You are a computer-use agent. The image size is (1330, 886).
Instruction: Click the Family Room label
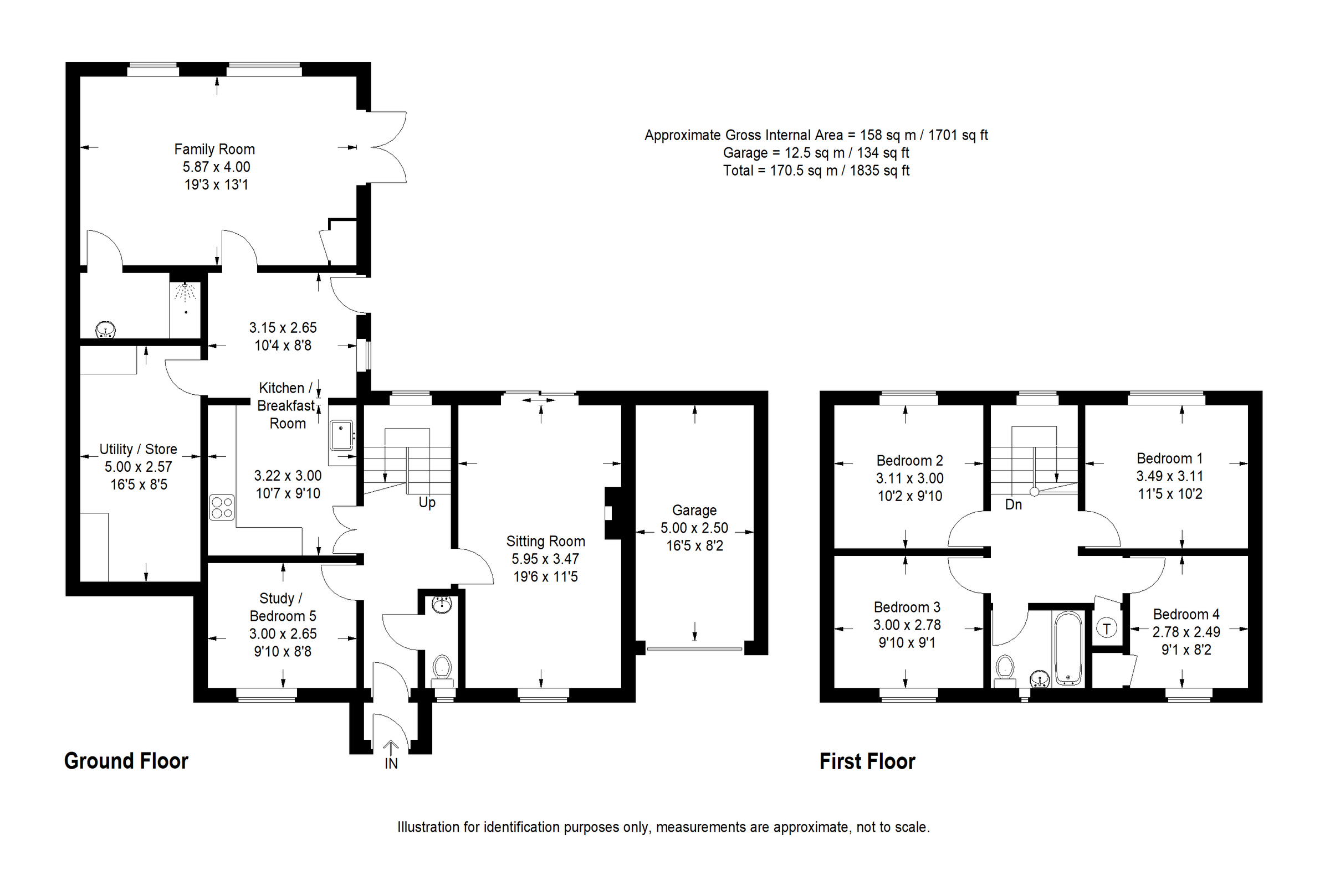(214, 149)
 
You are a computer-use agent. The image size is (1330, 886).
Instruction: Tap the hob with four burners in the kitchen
(222, 507)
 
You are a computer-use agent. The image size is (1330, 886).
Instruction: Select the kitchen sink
(341, 435)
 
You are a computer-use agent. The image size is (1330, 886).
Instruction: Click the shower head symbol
(185, 292)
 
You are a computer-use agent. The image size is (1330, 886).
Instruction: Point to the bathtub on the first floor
(1068, 648)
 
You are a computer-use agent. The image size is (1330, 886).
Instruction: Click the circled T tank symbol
(1107, 629)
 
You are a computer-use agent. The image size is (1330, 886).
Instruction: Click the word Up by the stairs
(427, 502)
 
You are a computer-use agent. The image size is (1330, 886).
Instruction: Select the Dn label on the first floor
(1014, 504)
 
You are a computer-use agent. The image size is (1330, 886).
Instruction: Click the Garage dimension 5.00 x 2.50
(694, 528)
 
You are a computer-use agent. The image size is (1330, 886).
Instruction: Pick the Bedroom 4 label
(1186, 614)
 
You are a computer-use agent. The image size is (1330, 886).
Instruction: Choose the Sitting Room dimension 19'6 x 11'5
(545, 576)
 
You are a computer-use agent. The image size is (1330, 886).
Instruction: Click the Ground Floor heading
(126, 761)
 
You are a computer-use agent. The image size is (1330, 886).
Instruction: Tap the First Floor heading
(867, 762)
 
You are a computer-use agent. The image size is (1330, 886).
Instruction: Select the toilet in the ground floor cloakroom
(442, 667)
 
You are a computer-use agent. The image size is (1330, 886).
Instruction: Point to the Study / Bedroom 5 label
(282, 607)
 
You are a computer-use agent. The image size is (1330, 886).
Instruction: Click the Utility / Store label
(138, 449)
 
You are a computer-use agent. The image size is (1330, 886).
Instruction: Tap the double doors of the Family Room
(388, 147)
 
